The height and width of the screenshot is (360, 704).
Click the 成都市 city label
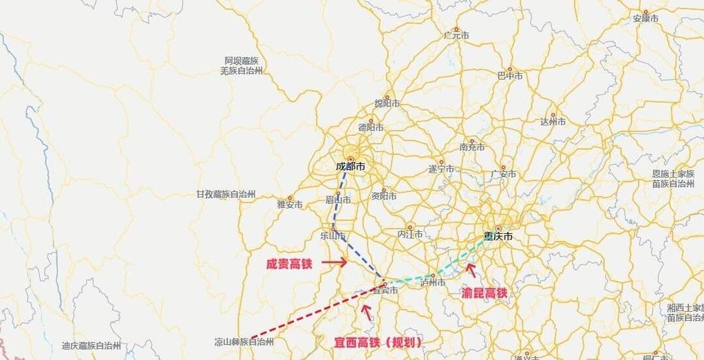(350, 167)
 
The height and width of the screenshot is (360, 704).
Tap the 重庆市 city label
(498, 236)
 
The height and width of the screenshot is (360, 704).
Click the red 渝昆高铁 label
(485, 293)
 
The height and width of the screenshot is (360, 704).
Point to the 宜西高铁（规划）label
(373, 341)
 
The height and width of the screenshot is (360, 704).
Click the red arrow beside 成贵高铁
(335, 262)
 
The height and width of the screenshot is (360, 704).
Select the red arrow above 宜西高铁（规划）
(367, 312)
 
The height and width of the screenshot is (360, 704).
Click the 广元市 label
(456, 35)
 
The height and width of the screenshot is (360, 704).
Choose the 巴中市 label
(510, 76)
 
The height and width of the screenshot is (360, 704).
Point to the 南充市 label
(472, 147)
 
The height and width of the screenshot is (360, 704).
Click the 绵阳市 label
(387, 104)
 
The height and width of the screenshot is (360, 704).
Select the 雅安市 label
(290, 204)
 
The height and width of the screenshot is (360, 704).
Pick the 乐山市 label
(333, 235)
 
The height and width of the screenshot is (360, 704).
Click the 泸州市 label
(434, 282)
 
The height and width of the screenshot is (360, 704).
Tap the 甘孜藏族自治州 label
(226, 195)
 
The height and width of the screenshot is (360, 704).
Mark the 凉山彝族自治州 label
(244, 342)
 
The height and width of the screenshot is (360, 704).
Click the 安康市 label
(646, 19)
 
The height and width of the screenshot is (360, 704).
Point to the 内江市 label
(410, 234)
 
